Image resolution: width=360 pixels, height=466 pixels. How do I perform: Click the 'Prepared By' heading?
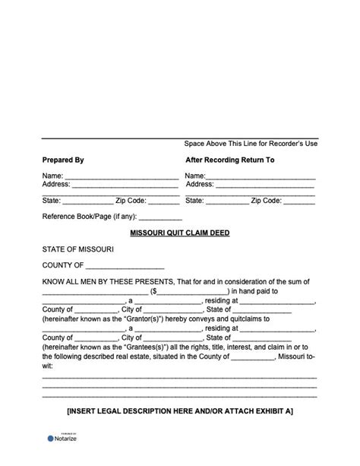click(63, 160)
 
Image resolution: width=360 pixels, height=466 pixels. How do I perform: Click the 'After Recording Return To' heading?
click(229, 160)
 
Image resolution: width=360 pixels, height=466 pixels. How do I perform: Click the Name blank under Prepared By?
click(121, 176)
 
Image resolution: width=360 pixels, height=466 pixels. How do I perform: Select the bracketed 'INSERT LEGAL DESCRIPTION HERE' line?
click(179, 411)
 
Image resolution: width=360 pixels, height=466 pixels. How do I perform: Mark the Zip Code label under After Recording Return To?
click(267, 201)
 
